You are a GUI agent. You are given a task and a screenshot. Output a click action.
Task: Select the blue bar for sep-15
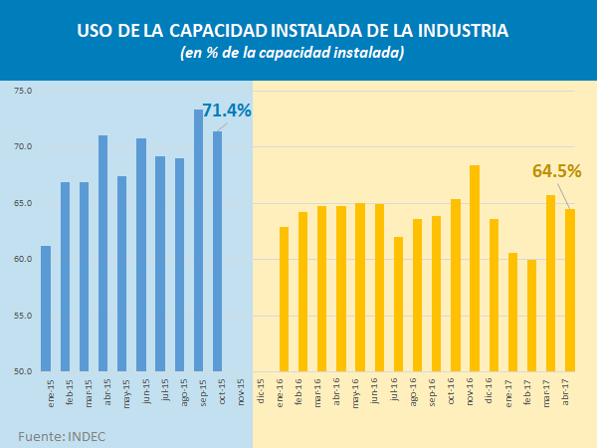[x=198, y=241]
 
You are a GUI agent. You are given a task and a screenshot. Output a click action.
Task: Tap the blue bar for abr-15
[x=103, y=254]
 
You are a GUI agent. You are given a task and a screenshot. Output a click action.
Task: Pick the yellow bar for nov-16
[x=475, y=269]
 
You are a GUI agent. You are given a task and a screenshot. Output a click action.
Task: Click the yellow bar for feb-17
[x=531, y=316]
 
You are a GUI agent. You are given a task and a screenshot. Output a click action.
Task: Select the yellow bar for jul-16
[x=398, y=305]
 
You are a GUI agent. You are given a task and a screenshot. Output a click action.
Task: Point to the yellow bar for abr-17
[x=570, y=290]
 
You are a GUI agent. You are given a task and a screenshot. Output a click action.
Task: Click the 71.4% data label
[x=227, y=111]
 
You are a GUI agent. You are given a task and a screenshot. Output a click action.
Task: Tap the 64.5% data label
[x=556, y=171]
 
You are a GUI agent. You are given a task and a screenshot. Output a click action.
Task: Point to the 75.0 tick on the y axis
[x=23, y=91]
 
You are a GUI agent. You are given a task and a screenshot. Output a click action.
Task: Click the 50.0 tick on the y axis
[x=23, y=372]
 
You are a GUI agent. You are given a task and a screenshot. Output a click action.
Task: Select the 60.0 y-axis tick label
[x=23, y=260]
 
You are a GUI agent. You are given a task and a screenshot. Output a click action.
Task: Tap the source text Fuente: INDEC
[x=62, y=436]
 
